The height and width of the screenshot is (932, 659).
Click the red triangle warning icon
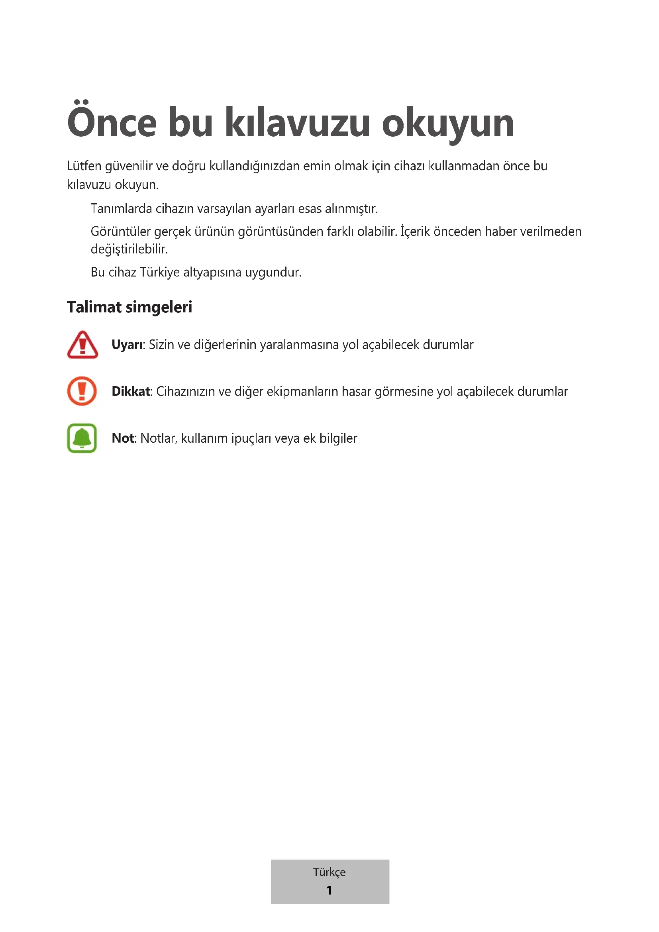click(x=82, y=345)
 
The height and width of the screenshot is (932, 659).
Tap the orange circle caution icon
click(x=82, y=391)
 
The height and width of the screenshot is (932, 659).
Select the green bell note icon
click(x=82, y=438)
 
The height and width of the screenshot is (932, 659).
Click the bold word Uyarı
click(x=127, y=345)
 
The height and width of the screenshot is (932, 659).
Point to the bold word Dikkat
click(x=131, y=391)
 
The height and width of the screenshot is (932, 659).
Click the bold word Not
click(x=123, y=438)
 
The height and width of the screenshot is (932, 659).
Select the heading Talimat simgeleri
click(x=129, y=307)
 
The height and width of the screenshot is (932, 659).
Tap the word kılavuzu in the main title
click(x=298, y=123)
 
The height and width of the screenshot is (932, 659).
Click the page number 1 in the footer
click(x=329, y=890)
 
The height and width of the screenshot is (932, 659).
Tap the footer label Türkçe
click(x=329, y=872)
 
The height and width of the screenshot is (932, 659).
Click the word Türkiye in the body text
click(x=160, y=273)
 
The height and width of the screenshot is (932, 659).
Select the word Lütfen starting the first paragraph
click(x=84, y=166)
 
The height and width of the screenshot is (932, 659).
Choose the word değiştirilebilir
click(x=129, y=249)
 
